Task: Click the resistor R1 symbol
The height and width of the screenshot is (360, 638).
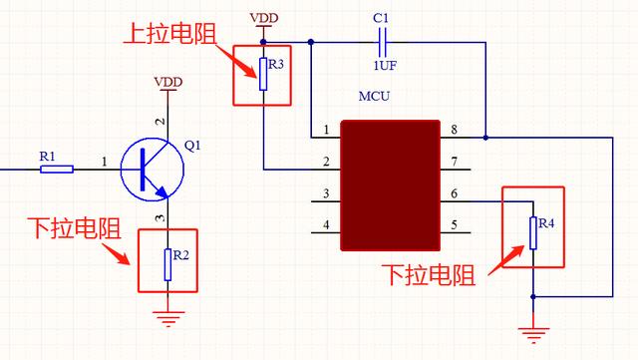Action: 57,170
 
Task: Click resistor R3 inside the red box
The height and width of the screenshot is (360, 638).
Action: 263,73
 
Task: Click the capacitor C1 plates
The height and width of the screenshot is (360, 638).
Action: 380,42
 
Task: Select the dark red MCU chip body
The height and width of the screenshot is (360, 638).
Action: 390,185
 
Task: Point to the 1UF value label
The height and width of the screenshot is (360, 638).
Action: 381,66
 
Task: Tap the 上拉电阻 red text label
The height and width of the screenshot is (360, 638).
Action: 163,35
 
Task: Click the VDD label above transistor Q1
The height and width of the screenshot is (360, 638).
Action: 167,80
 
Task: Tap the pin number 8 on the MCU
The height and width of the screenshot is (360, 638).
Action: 454,130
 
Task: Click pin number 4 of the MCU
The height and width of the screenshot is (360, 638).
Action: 325,225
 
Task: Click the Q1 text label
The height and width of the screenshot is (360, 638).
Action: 192,145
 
